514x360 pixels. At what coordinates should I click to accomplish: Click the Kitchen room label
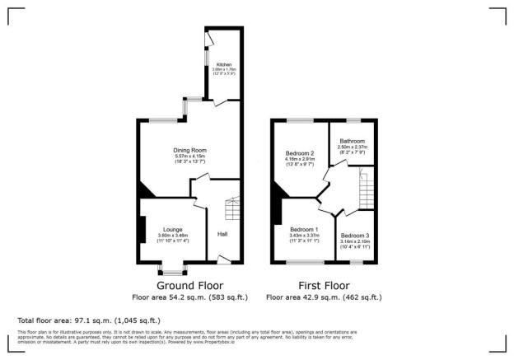(224, 64)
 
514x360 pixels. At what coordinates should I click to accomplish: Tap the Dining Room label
(189, 151)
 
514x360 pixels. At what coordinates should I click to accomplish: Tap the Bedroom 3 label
(356, 236)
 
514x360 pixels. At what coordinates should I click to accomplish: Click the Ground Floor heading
(190, 285)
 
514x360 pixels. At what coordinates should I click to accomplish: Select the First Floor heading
(324, 285)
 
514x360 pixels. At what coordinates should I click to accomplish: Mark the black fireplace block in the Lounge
(141, 228)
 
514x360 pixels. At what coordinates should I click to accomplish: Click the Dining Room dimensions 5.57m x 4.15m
(189, 157)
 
